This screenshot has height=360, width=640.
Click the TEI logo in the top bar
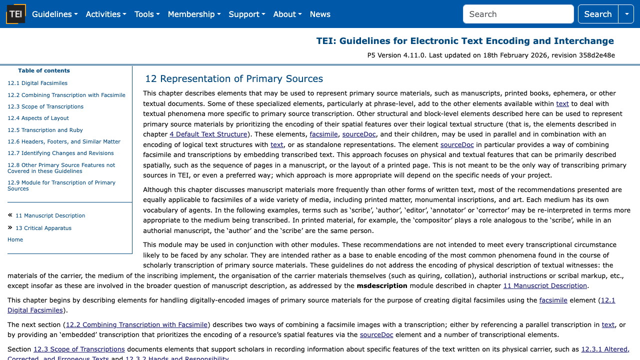pyautogui.click(x=16, y=14)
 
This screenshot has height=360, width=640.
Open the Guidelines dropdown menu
pyautogui.click(x=54, y=14)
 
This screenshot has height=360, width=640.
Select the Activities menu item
pyautogui.click(x=105, y=14)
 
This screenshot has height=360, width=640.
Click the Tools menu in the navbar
pyautogui.click(x=146, y=14)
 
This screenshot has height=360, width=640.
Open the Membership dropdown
pyautogui.click(x=194, y=14)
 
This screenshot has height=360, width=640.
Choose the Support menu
pyautogui.click(x=246, y=14)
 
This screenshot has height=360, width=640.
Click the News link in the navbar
pyautogui.click(x=320, y=14)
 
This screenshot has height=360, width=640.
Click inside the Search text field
pyautogui.click(x=518, y=14)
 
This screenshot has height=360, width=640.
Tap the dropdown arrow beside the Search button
pyautogui.click(x=626, y=14)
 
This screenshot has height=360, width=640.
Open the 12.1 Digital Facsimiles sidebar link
pyautogui.click(x=37, y=83)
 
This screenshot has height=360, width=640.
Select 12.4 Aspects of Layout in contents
pyautogui.click(x=38, y=118)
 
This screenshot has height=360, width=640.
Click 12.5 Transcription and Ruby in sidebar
pyautogui.click(x=45, y=130)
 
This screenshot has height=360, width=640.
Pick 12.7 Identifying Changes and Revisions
pyautogui.click(x=60, y=153)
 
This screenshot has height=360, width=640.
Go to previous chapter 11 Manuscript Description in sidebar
pyautogui.click(x=50, y=216)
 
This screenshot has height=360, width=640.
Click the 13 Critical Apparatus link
pyautogui.click(x=43, y=228)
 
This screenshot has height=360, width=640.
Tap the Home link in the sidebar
pyautogui.click(x=15, y=240)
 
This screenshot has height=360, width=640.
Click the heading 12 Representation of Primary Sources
pyautogui.click(x=234, y=79)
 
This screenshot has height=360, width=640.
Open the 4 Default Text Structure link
pyautogui.click(x=208, y=134)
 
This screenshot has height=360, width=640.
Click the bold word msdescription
pyautogui.click(x=382, y=286)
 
